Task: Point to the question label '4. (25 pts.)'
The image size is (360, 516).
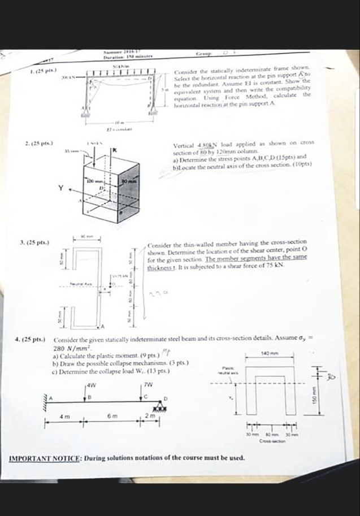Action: pyautogui.click(x=30, y=340)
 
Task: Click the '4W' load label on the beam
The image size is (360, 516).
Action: pyautogui.click(x=90, y=385)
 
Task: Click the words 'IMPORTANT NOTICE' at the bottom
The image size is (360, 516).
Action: pyautogui.click(x=46, y=457)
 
